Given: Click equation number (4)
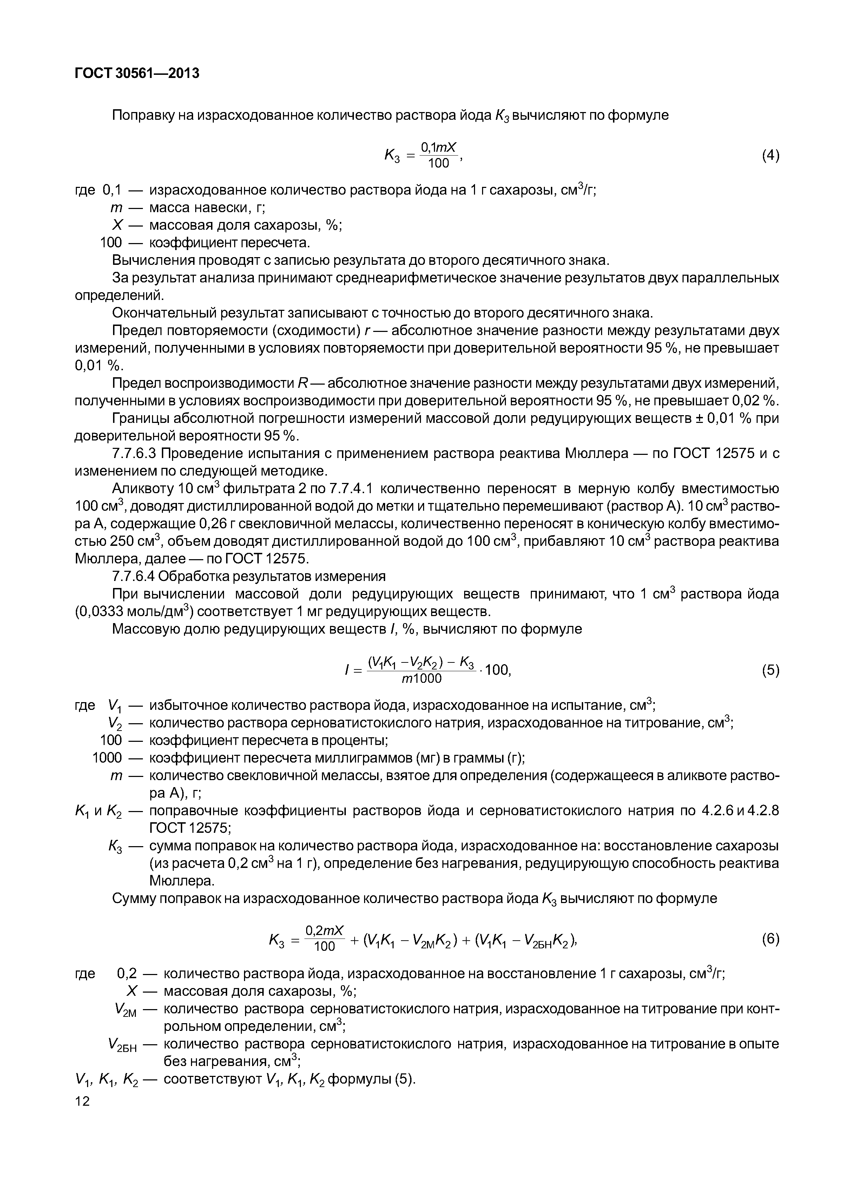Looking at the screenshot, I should coord(770,155).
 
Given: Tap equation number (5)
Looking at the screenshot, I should coord(770,670).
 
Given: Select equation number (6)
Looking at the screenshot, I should coord(770,939).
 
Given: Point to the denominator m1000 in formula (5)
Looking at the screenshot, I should coord(422,679).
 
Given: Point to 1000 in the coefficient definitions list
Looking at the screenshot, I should coord(107,758).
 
